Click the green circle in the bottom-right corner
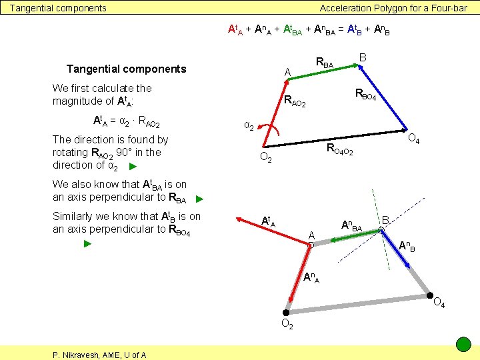pos(463,345)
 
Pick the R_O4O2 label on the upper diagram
pos(339,150)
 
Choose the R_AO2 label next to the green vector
pos(295,103)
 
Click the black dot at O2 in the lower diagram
pos(286,312)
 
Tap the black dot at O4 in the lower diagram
pos(430,296)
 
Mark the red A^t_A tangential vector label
pos(269,221)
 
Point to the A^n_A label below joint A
pos(311,277)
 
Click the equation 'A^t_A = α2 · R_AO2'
pos(126,122)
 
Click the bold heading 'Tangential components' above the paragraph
pos(126,69)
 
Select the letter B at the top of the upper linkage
pos(363,58)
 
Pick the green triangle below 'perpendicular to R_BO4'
pos(87,244)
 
